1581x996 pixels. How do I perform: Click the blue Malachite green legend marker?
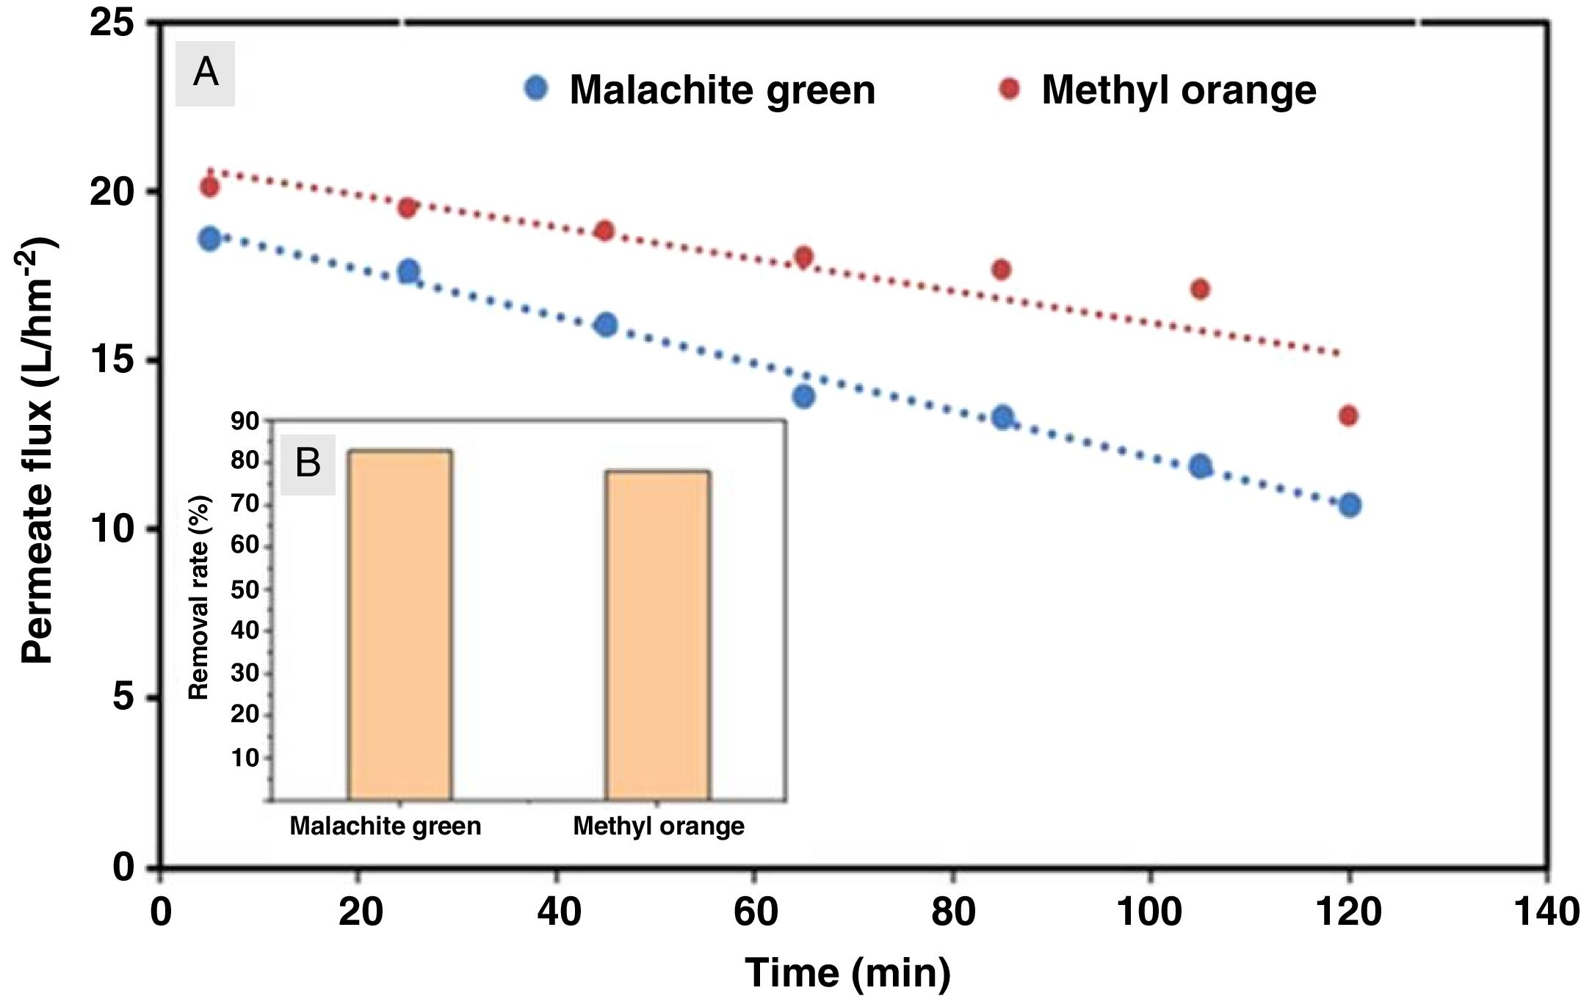click(x=537, y=89)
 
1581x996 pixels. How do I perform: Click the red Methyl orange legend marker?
click(x=1010, y=89)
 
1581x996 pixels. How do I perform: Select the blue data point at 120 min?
click(x=1350, y=505)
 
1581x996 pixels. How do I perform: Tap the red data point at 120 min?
click(x=1348, y=416)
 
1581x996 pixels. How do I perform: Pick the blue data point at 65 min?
click(x=803, y=396)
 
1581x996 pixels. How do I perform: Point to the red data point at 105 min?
click(x=1201, y=289)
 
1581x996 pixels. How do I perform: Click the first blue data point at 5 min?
click(x=210, y=239)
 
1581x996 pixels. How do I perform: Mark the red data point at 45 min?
click(x=605, y=230)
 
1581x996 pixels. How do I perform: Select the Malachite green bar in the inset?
click(x=400, y=624)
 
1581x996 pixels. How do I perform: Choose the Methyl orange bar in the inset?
click(x=658, y=635)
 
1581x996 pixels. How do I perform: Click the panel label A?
click(x=205, y=73)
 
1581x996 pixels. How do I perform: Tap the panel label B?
click(x=308, y=464)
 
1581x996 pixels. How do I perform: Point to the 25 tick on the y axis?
click(x=112, y=23)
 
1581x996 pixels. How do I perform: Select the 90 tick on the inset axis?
click(x=245, y=421)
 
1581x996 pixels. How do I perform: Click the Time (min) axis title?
click(x=847, y=973)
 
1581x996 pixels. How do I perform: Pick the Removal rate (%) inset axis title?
click(x=199, y=597)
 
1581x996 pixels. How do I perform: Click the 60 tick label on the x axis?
click(x=756, y=912)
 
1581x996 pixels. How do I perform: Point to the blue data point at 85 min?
click(x=1002, y=418)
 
